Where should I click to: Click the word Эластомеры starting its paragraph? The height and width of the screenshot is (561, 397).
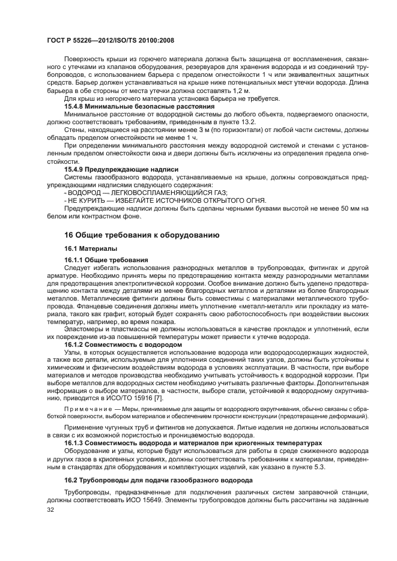point(85,329)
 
